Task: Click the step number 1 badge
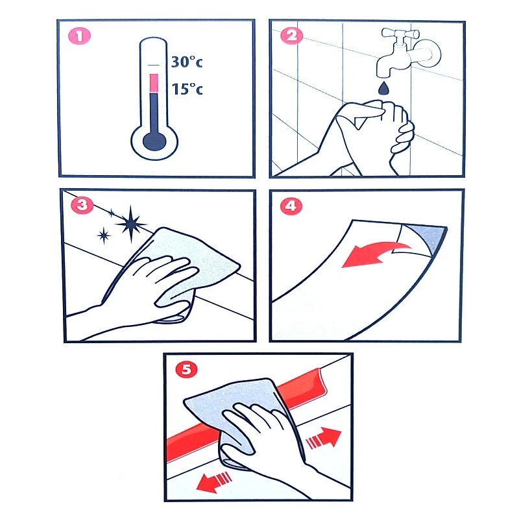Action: point(79,36)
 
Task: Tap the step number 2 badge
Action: point(291,36)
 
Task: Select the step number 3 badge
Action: point(82,205)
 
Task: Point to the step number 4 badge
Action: point(291,206)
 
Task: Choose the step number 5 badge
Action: point(187,369)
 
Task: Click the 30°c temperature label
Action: point(187,62)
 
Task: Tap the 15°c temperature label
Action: point(187,89)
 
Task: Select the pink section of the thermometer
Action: point(154,83)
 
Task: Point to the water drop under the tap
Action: point(383,88)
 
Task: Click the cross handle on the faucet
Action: point(400,34)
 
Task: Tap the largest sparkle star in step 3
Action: point(131,224)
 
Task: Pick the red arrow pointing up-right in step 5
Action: point(325,438)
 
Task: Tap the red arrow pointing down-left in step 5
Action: point(213,481)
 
